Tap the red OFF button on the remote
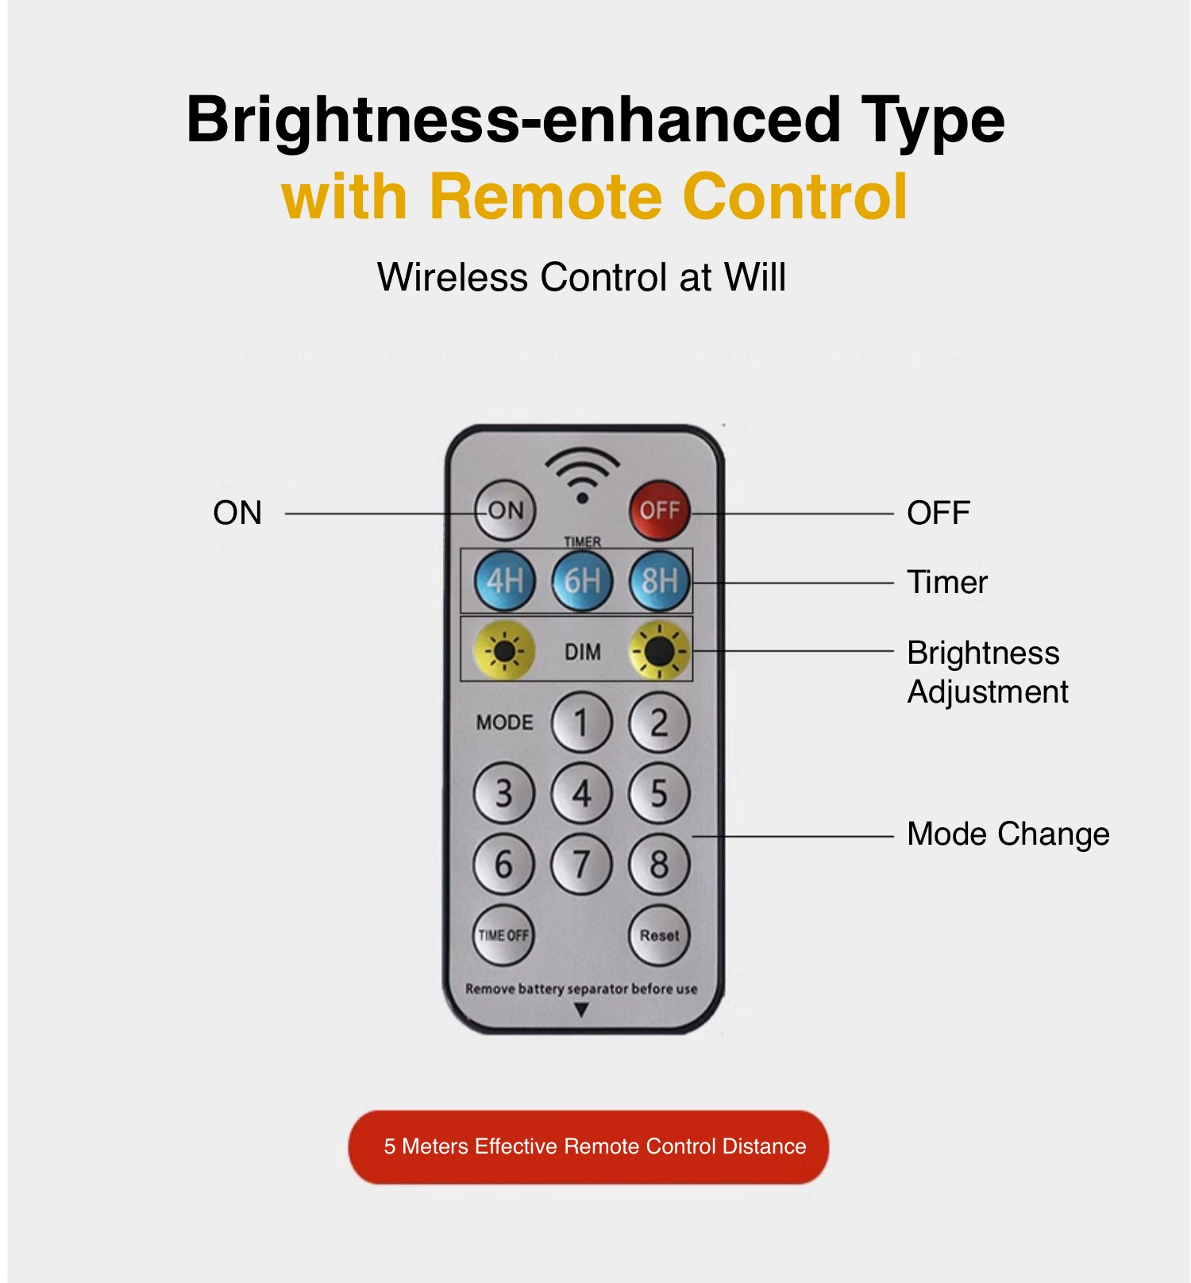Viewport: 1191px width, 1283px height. click(x=659, y=510)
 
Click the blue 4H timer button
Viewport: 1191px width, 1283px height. click(x=504, y=581)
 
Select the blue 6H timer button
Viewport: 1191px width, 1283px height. click(x=582, y=581)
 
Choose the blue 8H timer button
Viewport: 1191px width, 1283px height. click(x=659, y=581)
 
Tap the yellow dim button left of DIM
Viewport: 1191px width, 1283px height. click(x=504, y=651)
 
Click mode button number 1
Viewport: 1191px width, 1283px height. click(x=582, y=722)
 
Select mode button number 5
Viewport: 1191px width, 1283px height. click(x=659, y=793)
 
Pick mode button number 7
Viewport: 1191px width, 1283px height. click(x=582, y=864)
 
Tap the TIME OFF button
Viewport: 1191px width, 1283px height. click(x=503, y=935)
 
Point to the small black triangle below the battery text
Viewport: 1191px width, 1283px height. click(x=581, y=1010)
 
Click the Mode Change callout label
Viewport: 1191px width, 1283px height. click(x=1008, y=834)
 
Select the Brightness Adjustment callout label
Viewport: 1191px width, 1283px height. click(x=988, y=672)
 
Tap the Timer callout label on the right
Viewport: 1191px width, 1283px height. click(x=947, y=582)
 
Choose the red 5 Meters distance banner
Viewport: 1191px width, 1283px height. click(x=588, y=1147)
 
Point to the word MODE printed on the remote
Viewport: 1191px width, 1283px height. click(x=504, y=722)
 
